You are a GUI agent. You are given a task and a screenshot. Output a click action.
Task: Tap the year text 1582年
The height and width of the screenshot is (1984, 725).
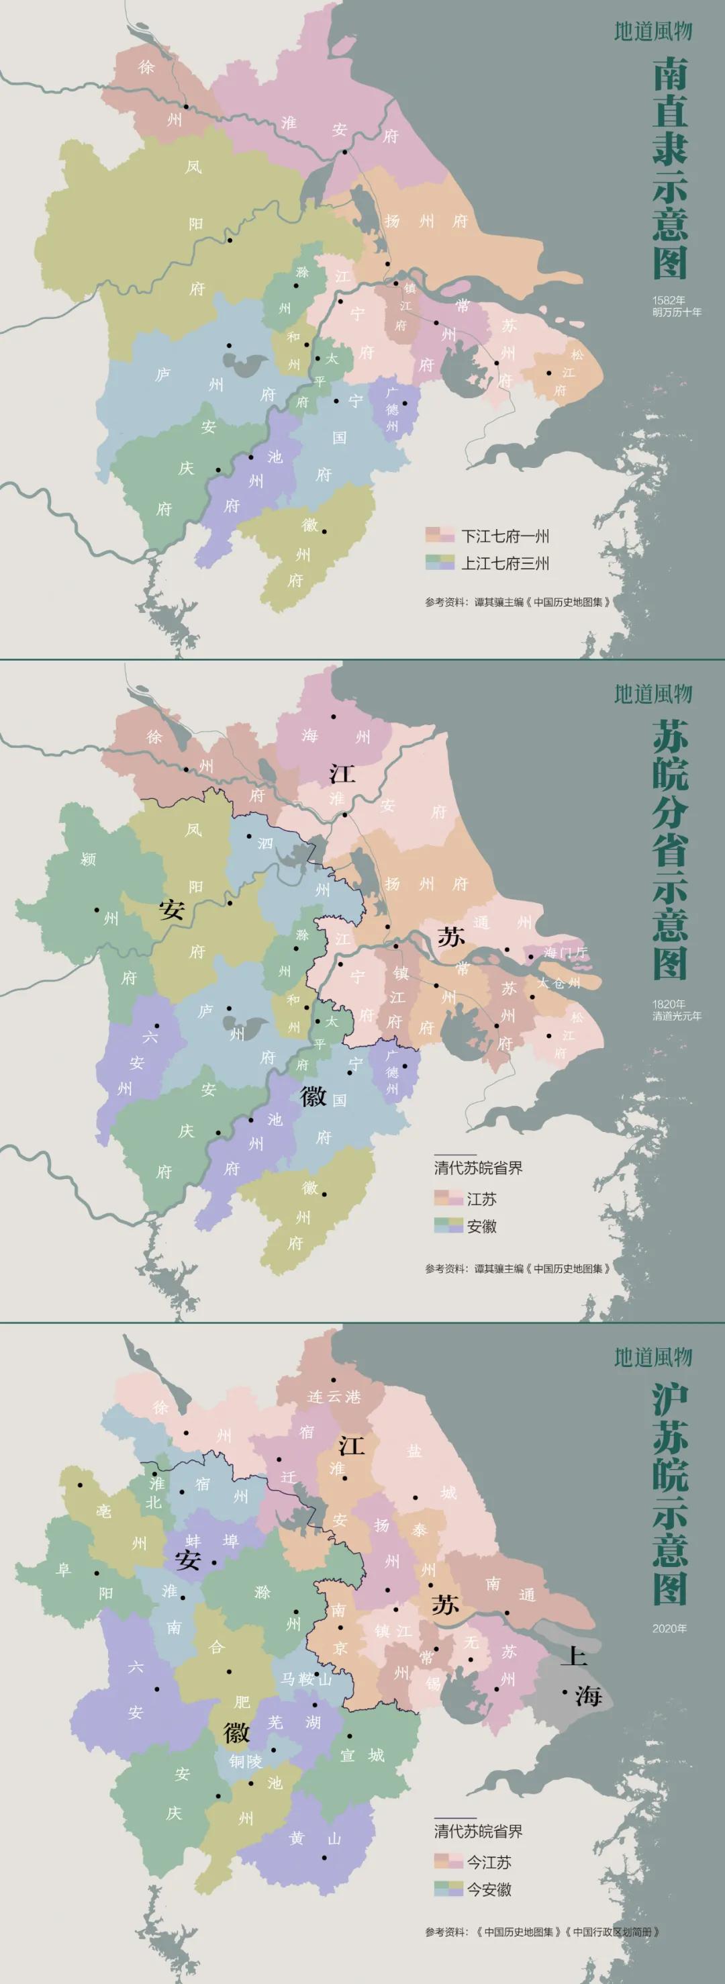pos(668,300)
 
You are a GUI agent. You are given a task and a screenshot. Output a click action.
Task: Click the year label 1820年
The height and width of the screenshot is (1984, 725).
pos(668,1004)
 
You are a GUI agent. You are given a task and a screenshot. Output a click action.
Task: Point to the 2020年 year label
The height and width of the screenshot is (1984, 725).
pos(669,1628)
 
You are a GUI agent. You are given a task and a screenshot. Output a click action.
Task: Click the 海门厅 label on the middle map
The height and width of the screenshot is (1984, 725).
pos(565,953)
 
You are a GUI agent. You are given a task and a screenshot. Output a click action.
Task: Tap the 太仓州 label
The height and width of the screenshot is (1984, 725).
pos(559,984)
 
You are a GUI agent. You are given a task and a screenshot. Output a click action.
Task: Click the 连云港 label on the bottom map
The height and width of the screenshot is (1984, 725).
pos(334,1397)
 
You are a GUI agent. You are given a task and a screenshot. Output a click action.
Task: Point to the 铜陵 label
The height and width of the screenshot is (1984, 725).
pos(245,1761)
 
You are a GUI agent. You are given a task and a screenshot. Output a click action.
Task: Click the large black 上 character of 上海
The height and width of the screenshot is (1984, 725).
pos(573,1653)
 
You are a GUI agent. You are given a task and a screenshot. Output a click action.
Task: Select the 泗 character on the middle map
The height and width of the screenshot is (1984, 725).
pos(265,843)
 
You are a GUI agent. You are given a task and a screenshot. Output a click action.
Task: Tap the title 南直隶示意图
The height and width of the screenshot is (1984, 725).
pos(669,168)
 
